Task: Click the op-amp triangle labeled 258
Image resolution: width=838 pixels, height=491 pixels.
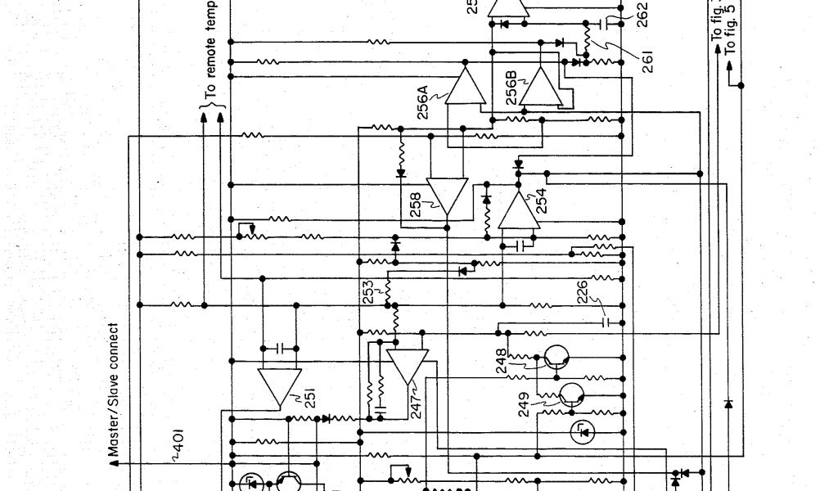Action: (x=448, y=195)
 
